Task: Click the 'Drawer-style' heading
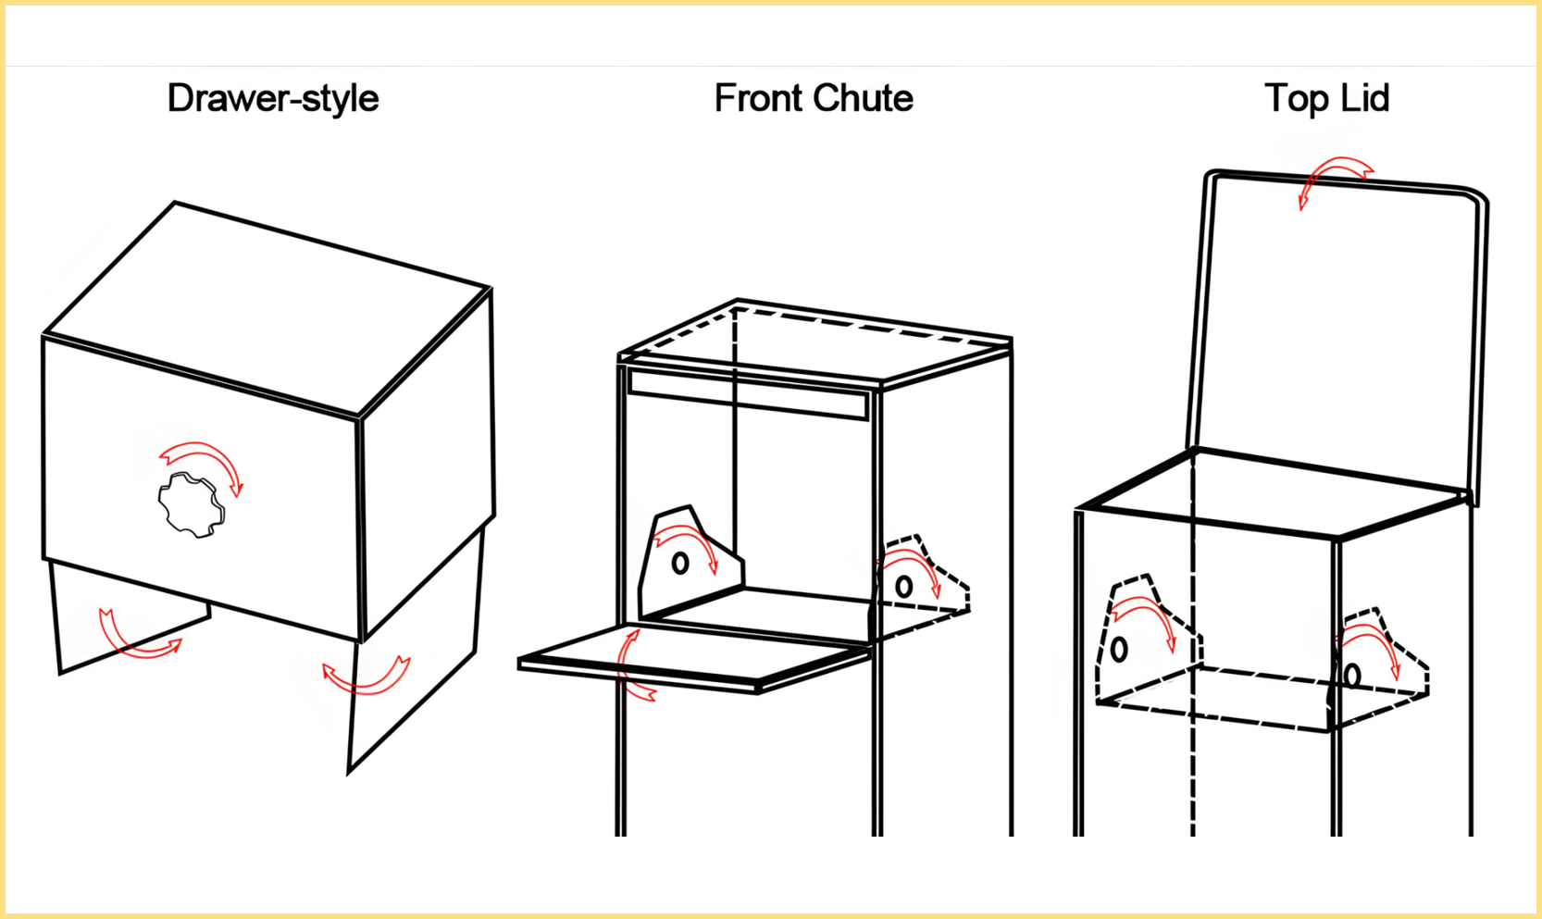click(273, 98)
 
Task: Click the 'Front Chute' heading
click(814, 98)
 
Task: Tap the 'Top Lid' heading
click(1326, 98)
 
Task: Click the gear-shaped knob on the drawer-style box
click(192, 504)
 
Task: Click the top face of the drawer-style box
click(267, 310)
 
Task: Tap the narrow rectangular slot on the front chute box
click(748, 394)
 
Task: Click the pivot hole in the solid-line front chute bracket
click(680, 563)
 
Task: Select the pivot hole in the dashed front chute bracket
click(904, 587)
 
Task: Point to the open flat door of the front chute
click(694, 657)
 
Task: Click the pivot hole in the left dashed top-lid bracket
click(1119, 649)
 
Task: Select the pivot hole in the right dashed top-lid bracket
click(1352, 676)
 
